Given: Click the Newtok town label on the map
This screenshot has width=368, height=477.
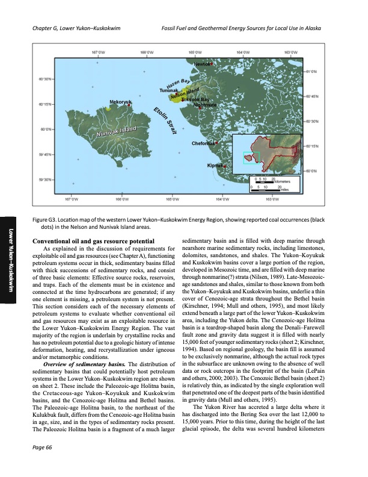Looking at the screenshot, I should tap(203, 63).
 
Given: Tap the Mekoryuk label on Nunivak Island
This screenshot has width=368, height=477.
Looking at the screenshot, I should tap(120, 102).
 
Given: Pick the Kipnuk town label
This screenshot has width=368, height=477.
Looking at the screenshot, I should tap(215, 165).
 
